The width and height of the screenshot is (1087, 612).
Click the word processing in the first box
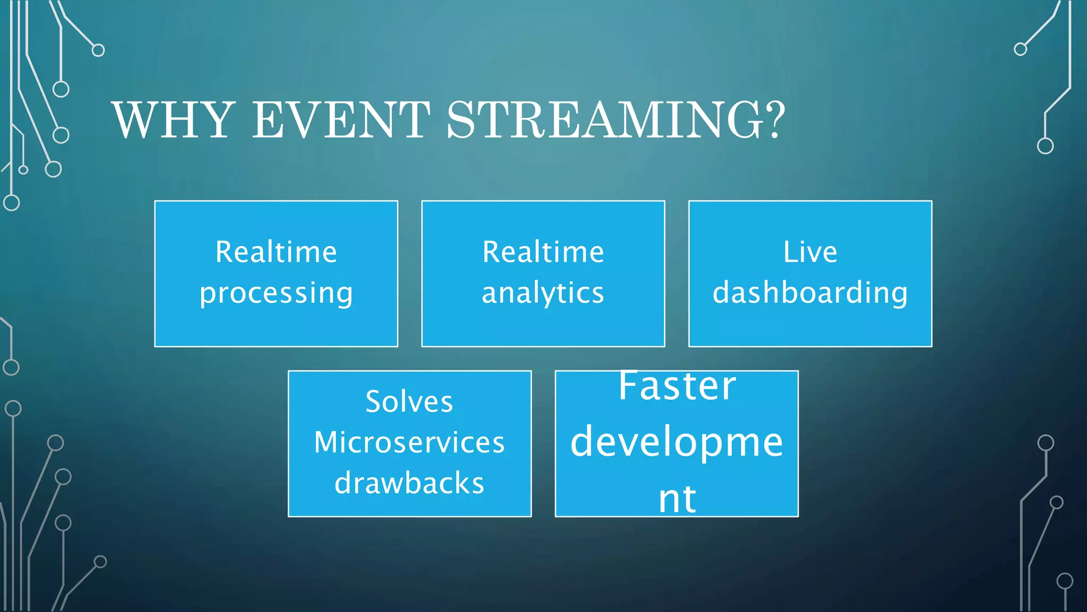276,293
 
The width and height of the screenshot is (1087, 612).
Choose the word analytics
543,293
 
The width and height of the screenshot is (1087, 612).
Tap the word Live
810,252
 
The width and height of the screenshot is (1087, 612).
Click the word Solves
409,402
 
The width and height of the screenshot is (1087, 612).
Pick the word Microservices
409,442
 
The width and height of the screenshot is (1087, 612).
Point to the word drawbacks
409,483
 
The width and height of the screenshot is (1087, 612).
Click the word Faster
677,386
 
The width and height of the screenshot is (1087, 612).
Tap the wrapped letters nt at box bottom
677,499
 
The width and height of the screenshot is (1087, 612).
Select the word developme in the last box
677,443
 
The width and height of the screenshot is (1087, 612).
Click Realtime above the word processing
276,252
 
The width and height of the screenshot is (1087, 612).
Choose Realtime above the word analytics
543,252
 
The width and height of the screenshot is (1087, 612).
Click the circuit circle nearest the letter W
61,135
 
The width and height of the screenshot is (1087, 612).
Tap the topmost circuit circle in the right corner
1020,49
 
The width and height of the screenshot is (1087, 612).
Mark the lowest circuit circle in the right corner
1065,581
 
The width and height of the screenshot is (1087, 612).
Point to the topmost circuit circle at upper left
98,50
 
